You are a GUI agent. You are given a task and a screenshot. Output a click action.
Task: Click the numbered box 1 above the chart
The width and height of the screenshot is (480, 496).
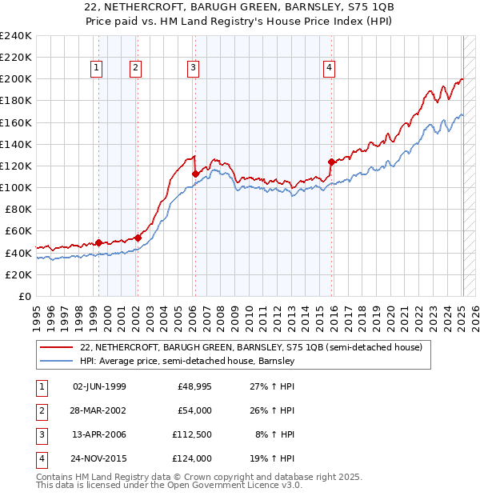(96, 69)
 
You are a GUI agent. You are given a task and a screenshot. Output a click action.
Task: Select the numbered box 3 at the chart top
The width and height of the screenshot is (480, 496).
(194, 69)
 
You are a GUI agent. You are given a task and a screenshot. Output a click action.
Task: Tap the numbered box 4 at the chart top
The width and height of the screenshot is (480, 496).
(330, 69)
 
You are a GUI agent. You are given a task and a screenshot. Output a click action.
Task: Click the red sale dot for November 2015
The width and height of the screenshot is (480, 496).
(330, 162)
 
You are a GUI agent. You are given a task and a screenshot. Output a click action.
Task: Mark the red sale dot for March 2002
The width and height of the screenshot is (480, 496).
(138, 238)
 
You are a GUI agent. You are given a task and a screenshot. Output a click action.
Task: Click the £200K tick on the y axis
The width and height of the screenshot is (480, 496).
(15, 79)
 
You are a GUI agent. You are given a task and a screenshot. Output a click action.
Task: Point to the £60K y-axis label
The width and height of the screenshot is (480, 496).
(18, 230)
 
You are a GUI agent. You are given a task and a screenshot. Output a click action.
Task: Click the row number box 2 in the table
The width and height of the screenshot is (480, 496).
(41, 410)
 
